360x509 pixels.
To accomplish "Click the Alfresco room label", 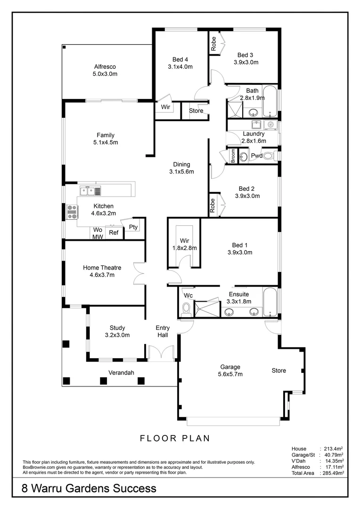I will [x=105, y=67].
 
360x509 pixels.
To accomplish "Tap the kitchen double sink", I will [x=90, y=191].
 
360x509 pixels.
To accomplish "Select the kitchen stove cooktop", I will [x=72, y=213].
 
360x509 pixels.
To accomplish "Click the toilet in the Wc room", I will [x=186, y=309].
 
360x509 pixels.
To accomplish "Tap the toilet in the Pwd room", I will [x=268, y=156].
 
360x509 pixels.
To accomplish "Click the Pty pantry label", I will [x=133, y=227].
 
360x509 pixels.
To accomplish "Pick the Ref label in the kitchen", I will [x=114, y=233].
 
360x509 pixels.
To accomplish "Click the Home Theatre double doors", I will [x=139, y=273].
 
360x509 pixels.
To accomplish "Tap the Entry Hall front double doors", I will [x=160, y=353].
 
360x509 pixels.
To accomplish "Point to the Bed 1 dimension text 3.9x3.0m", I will [x=239, y=252].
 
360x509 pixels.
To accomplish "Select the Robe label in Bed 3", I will [x=213, y=44].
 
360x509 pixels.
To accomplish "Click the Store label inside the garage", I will [x=278, y=370].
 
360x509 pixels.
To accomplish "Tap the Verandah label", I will [x=121, y=372].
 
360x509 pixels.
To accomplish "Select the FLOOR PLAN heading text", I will [x=175, y=438].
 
